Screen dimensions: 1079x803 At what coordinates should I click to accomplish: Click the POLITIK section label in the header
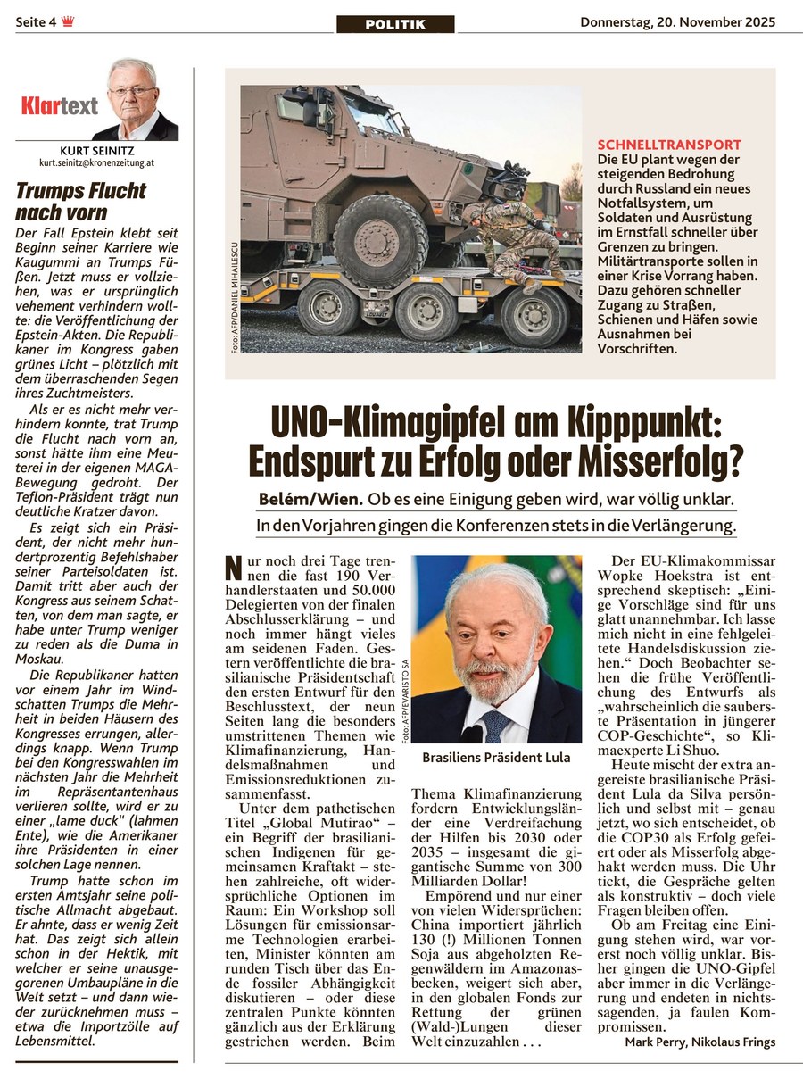(395, 25)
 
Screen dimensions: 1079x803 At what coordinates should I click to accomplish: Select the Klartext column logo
(59, 107)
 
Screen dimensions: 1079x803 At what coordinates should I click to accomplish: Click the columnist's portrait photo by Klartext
(133, 98)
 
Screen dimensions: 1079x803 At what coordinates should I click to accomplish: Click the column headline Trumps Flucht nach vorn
(80, 202)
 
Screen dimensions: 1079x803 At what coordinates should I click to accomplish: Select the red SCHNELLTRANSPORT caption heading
(669, 144)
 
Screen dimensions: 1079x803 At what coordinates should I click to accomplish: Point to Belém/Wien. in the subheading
(299, 502)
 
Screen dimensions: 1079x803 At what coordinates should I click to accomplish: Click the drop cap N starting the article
(233, 568)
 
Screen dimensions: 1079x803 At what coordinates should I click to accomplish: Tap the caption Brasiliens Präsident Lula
(495, 759)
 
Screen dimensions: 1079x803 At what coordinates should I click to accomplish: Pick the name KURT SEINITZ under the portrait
(98, 152)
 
